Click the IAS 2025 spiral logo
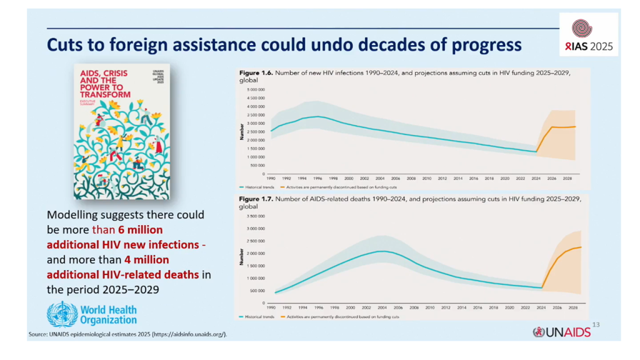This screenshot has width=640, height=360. pos(582,28)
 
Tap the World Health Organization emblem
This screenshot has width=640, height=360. pos(62,313)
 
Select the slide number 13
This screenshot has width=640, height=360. pos(595,324)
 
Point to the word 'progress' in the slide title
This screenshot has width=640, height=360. pos(481,45)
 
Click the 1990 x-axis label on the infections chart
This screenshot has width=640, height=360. pos(271,178)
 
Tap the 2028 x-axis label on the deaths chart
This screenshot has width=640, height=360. pos(572,308)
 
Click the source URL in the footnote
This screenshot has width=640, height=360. pos(187,335)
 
